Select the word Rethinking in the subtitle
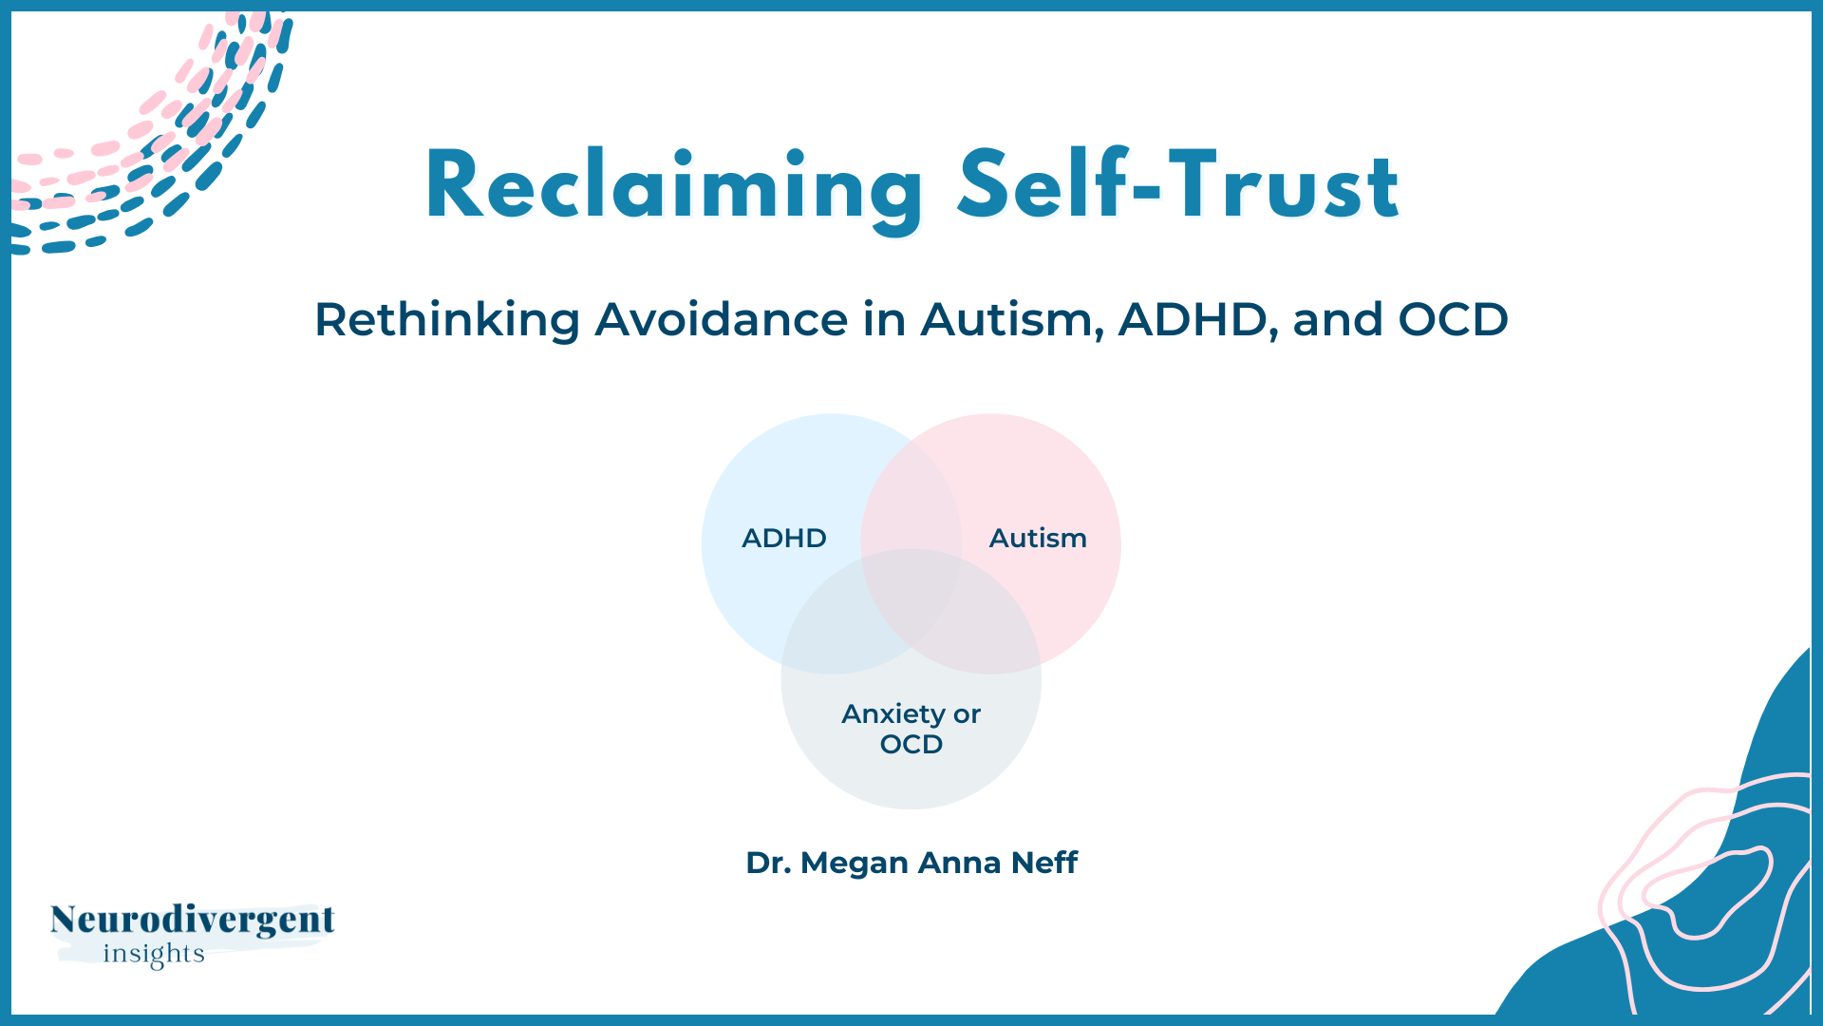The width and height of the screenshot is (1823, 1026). click(447, 319)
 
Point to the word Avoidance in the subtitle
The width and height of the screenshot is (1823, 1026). click(722, 319)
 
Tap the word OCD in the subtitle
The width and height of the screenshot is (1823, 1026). click(1454, 319)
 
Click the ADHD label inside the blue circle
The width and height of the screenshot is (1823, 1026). click(784, 539)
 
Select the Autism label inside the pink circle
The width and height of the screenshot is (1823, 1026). click(1038, 539)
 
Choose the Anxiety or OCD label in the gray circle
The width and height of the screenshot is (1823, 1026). click(911, 729)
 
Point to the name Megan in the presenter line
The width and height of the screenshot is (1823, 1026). click(855, 864)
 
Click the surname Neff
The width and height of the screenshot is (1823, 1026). click(1044, 863)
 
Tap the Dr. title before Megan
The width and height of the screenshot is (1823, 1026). click(768, 863)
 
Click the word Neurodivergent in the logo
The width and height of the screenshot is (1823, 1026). click(193, 920)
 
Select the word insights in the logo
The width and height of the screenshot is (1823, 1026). click(154, 954)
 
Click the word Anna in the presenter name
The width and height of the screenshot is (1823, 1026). click(960, 863)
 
